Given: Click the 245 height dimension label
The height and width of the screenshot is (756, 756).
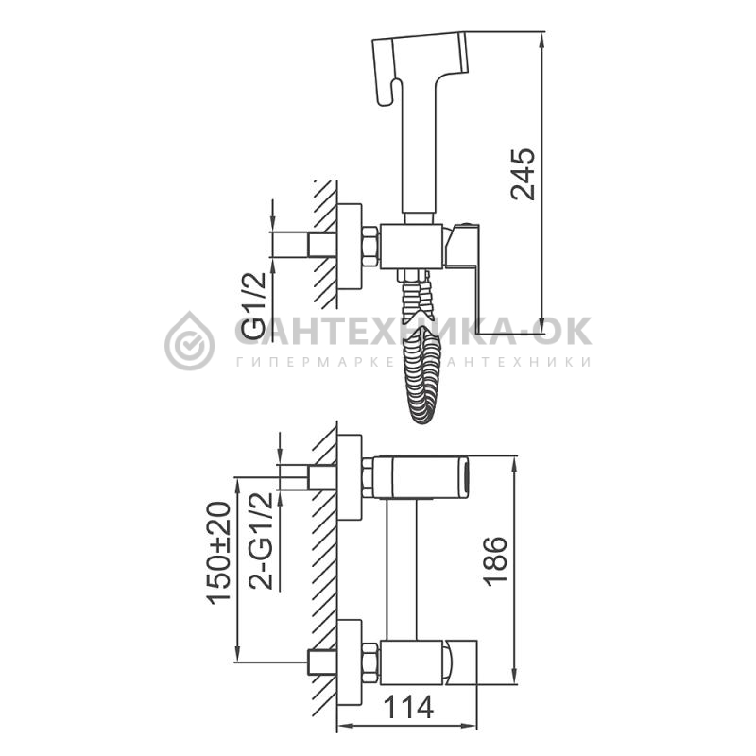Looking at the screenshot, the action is pos(524,174).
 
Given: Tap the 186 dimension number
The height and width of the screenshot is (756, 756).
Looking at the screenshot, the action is pos(496,560).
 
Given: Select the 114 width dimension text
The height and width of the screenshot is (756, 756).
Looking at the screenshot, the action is pos(408,708).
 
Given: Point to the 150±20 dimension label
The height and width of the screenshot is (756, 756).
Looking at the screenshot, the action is pos(219,553).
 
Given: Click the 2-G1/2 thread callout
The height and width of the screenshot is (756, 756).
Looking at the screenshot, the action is pos(261,541).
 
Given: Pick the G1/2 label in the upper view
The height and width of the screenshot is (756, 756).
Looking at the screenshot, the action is pos(253,305).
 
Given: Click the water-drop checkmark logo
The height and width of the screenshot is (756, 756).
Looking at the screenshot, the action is pos(190,340).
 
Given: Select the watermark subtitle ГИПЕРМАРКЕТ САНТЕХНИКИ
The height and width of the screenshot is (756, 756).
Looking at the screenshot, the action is pos(414,362).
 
